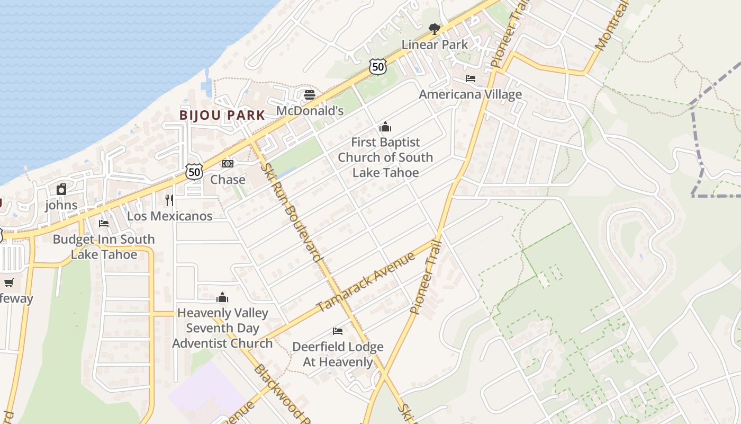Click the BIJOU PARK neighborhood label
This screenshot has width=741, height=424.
coord(222,115)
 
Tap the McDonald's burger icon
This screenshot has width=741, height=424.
coord(310,95)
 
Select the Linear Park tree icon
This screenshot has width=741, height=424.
coord(435,29)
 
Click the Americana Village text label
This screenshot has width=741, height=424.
coord(470,94)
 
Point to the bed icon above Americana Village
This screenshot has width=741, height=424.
coord(470,78)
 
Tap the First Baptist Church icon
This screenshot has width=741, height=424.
coord(385,127)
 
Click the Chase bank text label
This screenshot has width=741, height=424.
coord(228,180)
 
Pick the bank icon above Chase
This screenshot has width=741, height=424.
coord(228,164)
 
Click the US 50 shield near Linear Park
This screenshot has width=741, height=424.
coord(378,66)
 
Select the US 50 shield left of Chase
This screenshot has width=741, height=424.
coord(194,171)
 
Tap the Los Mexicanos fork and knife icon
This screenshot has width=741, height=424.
coord(169,200)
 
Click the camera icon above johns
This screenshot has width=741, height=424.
coord(61,189)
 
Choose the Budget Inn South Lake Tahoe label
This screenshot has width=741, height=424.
coord(104,247)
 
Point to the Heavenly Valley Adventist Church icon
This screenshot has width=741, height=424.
coord(222,297)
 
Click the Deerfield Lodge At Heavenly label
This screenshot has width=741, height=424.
coord(338,355)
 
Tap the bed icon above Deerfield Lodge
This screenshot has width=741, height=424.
coord(338,331)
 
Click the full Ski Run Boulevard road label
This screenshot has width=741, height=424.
coord(292,212)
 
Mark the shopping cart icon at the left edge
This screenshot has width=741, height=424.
coord(8,282)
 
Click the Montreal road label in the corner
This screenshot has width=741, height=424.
coord(613,26)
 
